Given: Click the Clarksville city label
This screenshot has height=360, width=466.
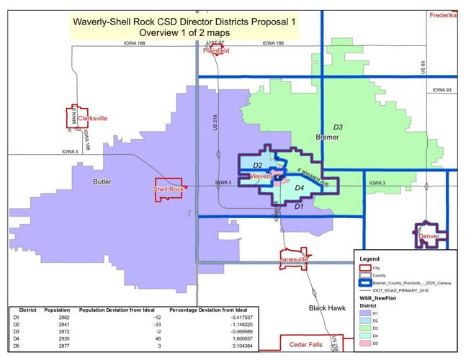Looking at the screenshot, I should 92,118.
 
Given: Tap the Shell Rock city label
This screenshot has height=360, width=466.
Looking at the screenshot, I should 169,189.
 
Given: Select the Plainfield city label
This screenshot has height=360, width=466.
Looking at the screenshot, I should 216,51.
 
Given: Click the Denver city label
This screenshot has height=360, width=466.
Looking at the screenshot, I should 429,236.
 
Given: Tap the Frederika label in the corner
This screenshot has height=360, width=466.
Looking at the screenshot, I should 444,15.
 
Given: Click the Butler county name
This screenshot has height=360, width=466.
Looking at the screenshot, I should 102,181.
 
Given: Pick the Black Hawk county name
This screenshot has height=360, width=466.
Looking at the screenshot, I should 328,308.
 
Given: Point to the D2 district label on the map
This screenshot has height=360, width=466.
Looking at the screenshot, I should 257,166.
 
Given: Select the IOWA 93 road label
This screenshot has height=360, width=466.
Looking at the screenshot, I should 442,90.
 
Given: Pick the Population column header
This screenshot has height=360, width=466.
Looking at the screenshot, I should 57,310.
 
